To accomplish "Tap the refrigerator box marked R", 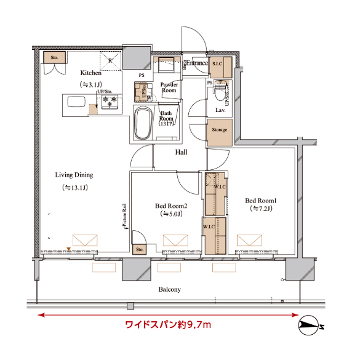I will click(x=110, y=60).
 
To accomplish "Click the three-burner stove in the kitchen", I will click(x=110, y=100).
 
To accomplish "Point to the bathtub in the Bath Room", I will click(x=143, y=124).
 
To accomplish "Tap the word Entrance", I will click(x=198, y=63).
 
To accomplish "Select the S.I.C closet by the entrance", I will click(x=219, y=65).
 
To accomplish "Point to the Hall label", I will click(x=181, y=152).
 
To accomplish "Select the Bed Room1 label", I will click(x=261, y=201).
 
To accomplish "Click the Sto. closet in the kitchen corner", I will click(x=54, y=58).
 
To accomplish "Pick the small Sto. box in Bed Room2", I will click(x=140, y=250).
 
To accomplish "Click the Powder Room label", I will click(x=169, y=87).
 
